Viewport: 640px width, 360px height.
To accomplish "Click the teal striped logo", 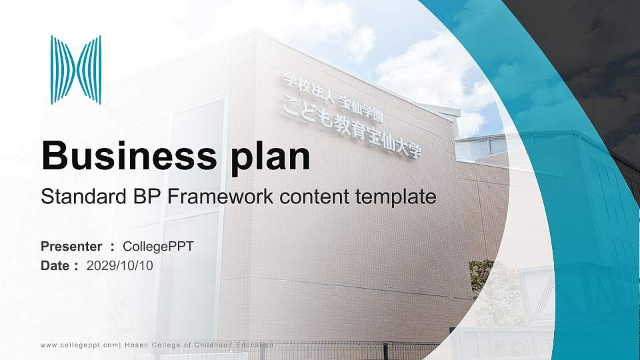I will pos(76,70).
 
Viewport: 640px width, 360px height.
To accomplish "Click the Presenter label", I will pos(71,247).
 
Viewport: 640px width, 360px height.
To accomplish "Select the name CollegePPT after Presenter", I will pos(159,247).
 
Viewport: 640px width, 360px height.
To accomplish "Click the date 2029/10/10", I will pos(120,265).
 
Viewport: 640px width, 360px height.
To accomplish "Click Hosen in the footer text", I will pos(135,345).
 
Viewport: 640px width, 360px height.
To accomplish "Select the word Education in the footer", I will pos(253,345).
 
